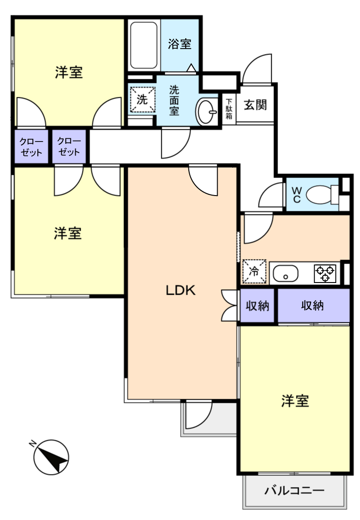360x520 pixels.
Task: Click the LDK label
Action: click(180, 290)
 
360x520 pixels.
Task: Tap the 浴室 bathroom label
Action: click(179, 44)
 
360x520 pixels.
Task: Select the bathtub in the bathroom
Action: click(144, 46)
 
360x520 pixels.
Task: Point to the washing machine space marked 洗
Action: click(142, 100)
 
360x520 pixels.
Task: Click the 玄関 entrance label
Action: click(255, 105)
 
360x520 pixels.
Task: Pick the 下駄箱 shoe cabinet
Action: click(229, 109)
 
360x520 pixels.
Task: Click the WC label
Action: click(296, 195)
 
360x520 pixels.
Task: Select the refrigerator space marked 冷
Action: click(254, 271)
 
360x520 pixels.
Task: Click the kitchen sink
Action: click(285, 274)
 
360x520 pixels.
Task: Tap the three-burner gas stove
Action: click(325, 274)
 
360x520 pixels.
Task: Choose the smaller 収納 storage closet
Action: click(257, 306)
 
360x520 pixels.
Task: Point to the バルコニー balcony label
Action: click(294, 490)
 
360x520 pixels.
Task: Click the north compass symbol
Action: click(51, 457)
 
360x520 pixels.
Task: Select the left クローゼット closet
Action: click(32, 146)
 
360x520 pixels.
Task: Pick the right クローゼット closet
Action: click(69, 146)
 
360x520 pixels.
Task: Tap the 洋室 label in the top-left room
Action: click(68, 72)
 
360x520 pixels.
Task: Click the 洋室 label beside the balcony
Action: click(295, 401)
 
